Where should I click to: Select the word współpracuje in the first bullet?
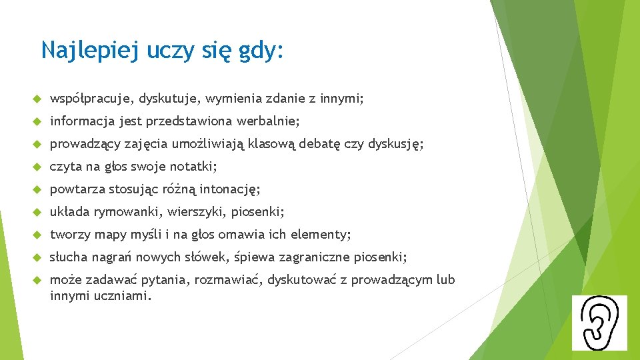tap(92, 99)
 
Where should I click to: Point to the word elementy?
tap(323, 235)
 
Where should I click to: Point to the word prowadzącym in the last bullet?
tap(391, 280)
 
